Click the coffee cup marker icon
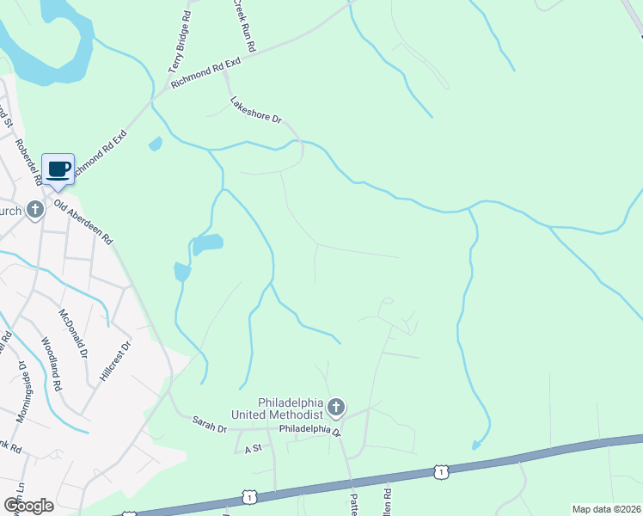point(58,169)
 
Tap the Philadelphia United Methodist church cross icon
point(336,406)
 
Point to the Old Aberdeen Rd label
point(84,223)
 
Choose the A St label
point(253,449)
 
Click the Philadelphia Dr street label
point(310,427)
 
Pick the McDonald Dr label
point(73,334)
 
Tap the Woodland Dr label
point(52,365)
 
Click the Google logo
point(28,505)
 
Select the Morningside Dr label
point(21,390)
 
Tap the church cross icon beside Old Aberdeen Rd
point(34,209)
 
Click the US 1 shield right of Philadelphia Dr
point(441,471)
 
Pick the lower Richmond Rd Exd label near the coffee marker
point(100,156)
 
